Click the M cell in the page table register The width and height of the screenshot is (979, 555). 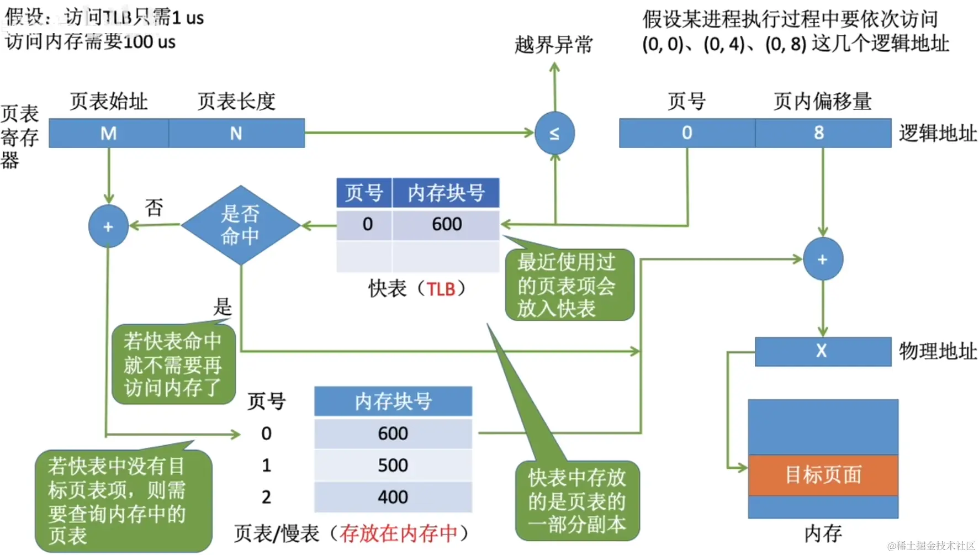[109, 133]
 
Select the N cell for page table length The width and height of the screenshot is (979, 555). [236, 133]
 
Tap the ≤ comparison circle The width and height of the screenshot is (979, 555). [554, 133]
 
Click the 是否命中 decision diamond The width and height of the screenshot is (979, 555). [240, 225]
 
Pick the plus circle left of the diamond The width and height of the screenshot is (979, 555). [108, 226]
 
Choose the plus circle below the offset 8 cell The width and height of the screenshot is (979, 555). [822, 259]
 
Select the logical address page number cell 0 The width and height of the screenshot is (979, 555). [687, 133]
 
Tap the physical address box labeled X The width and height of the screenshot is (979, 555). [822, 351]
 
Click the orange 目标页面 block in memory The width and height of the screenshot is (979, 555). [823, 474]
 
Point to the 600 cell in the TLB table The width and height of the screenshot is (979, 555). [446, 224]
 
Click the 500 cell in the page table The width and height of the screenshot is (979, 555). [393, 465]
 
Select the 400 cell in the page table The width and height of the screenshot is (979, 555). [393, 497]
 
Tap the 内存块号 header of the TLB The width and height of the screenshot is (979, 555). [446, 193]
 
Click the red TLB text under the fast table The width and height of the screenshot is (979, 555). [441, 289]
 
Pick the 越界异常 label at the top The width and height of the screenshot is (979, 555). [553, 45]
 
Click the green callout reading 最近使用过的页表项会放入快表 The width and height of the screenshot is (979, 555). [569, 285]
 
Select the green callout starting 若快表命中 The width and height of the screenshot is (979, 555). [173, 364]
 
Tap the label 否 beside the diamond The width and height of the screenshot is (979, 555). [154, 208]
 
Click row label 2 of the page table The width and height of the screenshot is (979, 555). [266, 497]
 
